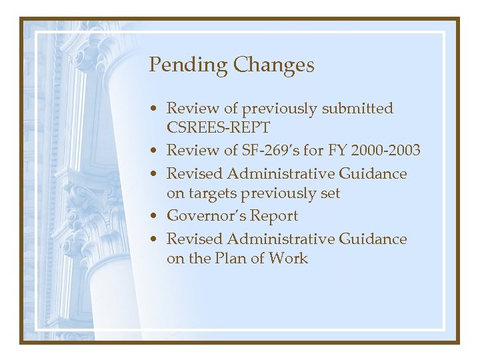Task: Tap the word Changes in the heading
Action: pos(273,65)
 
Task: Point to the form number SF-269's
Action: pos(271,151)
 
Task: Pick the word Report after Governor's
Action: pos(275,216)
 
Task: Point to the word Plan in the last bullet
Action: pos(232,259)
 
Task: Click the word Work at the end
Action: pos(289,259)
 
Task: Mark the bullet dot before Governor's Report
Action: pos(154,217)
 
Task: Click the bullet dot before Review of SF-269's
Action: pos(154,151)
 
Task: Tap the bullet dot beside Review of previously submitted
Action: pos(154,109)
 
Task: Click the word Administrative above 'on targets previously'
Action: pos(283,174)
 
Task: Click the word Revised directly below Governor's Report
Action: pos(194,239)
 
